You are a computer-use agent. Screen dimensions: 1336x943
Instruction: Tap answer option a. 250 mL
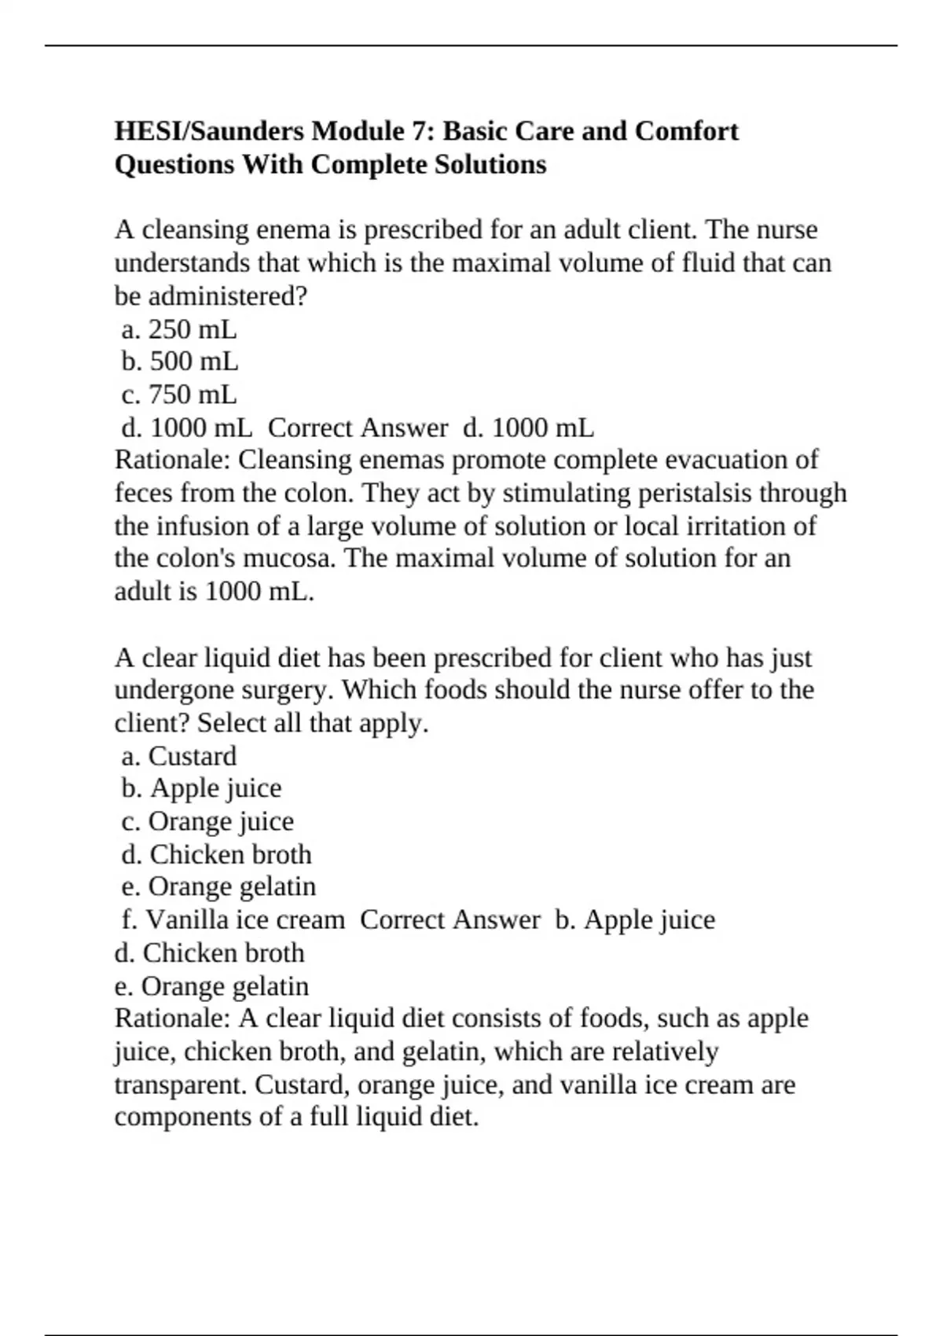179,328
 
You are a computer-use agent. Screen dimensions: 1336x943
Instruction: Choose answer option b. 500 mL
180,362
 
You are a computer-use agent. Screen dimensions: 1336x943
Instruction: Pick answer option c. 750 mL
179,395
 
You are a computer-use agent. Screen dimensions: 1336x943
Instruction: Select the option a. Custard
179,756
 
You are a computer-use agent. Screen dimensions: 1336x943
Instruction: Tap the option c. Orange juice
207,821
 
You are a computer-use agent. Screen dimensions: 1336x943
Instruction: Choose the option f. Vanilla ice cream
233,919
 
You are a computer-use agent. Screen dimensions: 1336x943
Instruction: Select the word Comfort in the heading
686,130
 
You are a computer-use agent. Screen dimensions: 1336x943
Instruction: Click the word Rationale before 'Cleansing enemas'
172,460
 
